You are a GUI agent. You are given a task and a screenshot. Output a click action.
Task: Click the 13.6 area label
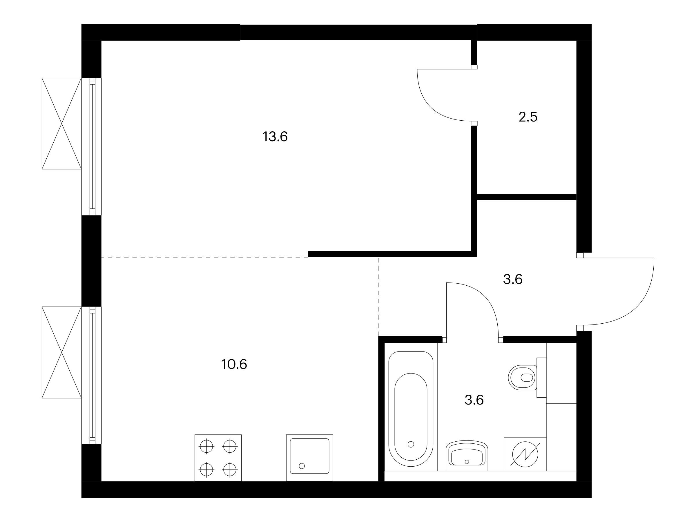click(x=275, y=137)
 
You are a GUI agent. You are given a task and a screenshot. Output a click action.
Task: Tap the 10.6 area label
click(x=234, y=364)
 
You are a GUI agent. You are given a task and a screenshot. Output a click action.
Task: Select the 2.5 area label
click(x=528, y=117)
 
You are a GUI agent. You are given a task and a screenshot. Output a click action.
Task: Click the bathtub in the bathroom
click(x=411, y=409)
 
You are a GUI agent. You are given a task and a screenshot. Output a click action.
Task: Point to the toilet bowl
click(x=523, y=378)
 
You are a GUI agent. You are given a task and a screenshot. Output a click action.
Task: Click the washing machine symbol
click(x=525, y=454)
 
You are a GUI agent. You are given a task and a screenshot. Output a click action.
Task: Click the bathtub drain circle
click(x=411, y=444)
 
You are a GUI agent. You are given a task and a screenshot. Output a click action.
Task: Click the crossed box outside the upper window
click(x=62, y=123)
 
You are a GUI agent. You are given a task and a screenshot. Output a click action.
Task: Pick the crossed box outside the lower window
click(x=62, y=352)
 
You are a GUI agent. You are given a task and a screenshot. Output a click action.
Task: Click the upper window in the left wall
click(x=92, y=146)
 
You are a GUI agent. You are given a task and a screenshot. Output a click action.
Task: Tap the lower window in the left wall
click(x=92, y=375)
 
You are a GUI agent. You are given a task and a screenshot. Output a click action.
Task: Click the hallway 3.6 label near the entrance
click(x=513, y=279)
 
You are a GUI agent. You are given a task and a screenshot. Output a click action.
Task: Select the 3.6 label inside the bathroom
click(x=474, y=400)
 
